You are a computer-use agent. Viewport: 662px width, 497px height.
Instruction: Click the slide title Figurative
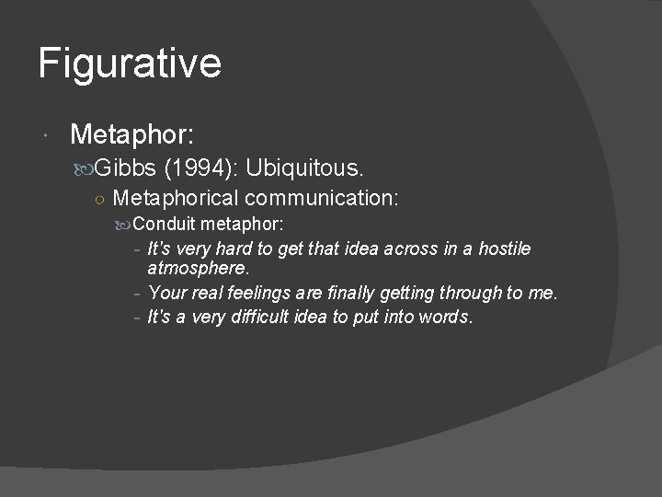[130, 64]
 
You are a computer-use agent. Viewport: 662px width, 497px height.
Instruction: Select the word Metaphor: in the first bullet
[131, 136]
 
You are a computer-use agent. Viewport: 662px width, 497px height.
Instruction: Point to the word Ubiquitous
[305, 168]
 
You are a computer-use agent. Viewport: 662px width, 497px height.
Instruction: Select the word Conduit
[165, 224]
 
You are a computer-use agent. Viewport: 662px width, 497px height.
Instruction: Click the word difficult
[268, 318]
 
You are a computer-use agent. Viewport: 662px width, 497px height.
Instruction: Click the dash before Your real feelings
[136, 294]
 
